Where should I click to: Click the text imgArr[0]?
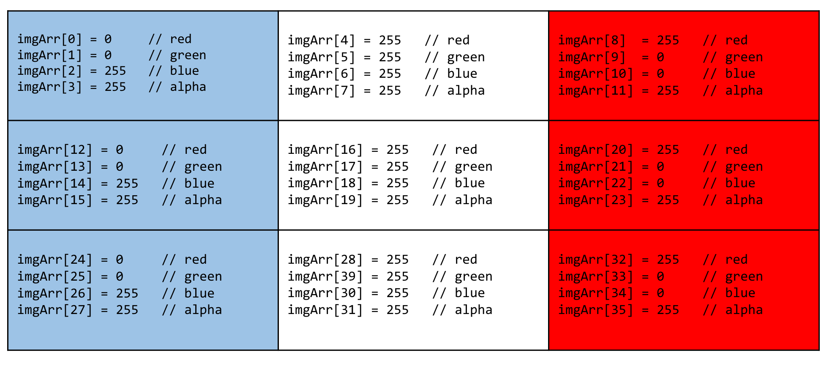tap(49, 39)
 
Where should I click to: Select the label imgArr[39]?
tap(325, 277)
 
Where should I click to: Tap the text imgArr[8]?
tap(592, 41)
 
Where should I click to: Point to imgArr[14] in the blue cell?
tap(55, 184)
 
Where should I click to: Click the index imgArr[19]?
tap(325, 200)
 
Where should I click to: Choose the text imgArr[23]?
tap(596, 200)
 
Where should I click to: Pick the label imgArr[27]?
tap(55, 310)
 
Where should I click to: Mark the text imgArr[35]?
tap(596, 310)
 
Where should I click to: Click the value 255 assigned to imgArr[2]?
tap(115, 71)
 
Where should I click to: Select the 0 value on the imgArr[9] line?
tap(660, 57)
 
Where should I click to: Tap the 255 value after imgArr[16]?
tap(398, 150)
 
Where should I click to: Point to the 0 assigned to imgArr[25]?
tap(120, 277)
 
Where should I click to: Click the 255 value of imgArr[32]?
tap(668, 260)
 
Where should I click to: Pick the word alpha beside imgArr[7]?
tap(466, 91)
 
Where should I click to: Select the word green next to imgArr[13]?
tap(203, 167)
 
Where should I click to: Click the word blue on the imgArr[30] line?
tap(470, 293)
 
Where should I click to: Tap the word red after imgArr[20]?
tap(737, 150)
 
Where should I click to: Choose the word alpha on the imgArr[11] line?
tap(744, 91)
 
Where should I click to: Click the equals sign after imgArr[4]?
tap(367, 41)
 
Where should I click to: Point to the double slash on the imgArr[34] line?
tap(710, 293)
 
